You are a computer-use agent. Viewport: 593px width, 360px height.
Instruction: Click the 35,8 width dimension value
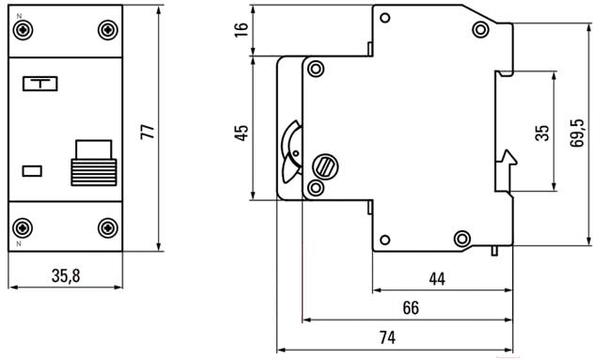pyautogui.click(x=66, y=275)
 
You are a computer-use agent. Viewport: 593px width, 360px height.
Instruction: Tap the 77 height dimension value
pyautogui.click(x=148, y=132)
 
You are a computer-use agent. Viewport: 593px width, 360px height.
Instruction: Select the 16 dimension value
pyautogui.click(x=242, y=29)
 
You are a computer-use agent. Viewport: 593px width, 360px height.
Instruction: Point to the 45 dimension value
pyautogui.click(x=242, y=133)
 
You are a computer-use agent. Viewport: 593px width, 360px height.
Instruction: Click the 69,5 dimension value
pyautogui.click(x=577, y=133)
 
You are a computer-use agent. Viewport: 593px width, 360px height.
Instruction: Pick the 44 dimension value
pyautogui.click(x=437, y=279)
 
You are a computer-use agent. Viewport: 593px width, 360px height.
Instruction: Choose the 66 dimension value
pyautogui.click(x=411, y=308)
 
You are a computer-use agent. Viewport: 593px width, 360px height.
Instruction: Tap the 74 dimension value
pyautogui.click(x=387, y=337)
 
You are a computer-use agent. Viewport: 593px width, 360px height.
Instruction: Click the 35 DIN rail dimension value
pyautogui.click(x=542, y=133)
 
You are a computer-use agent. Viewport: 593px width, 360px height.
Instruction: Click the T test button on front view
pyautogui.click(x=40, y=84)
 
